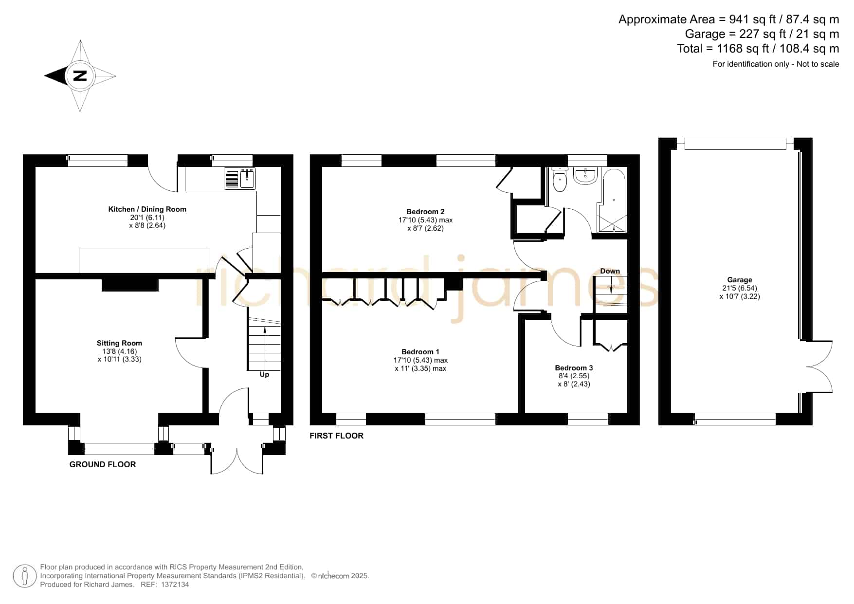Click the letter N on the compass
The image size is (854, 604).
[x=80, y=75]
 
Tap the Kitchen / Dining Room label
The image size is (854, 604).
[x=147, y=209]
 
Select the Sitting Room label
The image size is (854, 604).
[x=119, y=343]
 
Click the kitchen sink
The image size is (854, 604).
[x=240, y=178]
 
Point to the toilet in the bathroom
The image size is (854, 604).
[x=560, y=180]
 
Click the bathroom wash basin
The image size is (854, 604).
[x=585, y=176]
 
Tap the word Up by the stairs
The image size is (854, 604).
[x=264, y=374]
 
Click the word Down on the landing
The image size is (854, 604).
[x=610, y=271]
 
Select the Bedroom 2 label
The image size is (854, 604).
[x=425, y=212]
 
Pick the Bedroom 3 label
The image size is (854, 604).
[x=574, y=368]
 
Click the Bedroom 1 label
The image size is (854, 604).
[x=420, y=352]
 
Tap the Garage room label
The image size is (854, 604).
[x=740, y=280]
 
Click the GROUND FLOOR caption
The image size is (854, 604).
[x=103, y=464]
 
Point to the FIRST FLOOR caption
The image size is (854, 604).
[x=337, y=436]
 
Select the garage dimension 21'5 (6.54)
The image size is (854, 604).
[x=740, y=288]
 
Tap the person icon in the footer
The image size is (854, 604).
[x=24, y=576]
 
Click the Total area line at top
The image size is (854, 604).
[x=758, y=49]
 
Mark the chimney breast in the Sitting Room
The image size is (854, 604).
[x=130, y=285]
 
